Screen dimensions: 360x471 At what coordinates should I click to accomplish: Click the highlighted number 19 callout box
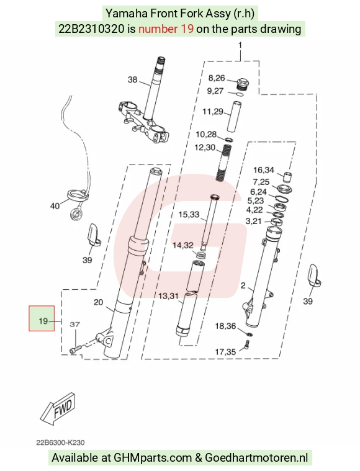(x=42, y=318)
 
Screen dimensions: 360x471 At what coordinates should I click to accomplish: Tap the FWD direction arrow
(x=57, y=408)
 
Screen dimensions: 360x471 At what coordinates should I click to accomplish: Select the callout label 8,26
(x=217, y=78)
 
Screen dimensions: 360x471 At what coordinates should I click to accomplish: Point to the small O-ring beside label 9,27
(x=240, y=94)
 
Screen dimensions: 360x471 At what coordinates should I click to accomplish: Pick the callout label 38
(x=133, y=79)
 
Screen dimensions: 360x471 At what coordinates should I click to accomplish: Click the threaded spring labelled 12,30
(x=223, y=163)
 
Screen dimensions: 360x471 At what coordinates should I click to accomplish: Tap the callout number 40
(x=55, y=206)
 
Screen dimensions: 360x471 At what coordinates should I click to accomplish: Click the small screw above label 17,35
(x=247, y=344)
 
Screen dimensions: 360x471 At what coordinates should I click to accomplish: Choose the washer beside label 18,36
(x=249, y=334)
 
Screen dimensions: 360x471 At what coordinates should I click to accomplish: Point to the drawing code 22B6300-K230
(x=60, y=442)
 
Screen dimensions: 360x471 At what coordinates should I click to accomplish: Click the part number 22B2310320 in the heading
(x=91, y=29)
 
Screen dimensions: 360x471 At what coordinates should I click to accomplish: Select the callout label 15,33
(x=189, y=215)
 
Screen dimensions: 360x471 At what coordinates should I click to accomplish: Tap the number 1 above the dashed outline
(x=240, y=45)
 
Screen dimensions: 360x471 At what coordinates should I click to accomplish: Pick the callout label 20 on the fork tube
(x=98, y=302)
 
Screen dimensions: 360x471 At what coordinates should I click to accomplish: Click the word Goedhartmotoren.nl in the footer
(x=256, y=458)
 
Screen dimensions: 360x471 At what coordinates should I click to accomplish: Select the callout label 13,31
(x=169, y=296)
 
